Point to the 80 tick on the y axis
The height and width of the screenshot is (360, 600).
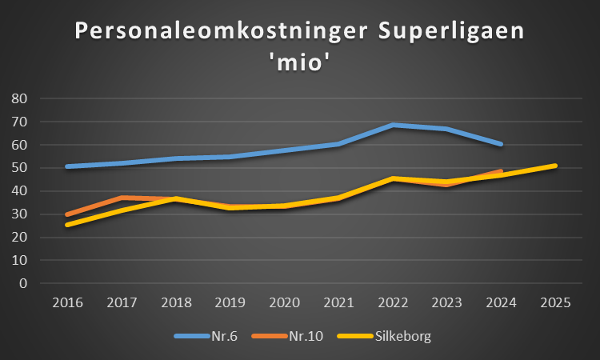tap(20, 98)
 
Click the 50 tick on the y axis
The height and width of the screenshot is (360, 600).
tap(20, 168)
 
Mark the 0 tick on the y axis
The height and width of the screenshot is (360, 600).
tap(24, 283)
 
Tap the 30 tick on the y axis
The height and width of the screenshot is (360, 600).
tap(20, 214)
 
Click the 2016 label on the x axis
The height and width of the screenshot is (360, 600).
tap(68, 303)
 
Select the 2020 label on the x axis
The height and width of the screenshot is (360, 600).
tap(285, 303)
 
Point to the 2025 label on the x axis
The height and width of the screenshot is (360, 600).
tap(555, 303)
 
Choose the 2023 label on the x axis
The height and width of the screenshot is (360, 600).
tap(447, 303)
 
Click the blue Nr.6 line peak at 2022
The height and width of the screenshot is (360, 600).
tap(393, 125)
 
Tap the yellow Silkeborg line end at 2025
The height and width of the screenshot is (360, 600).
tap(555, 166)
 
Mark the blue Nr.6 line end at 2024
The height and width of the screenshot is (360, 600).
tap(501, 144)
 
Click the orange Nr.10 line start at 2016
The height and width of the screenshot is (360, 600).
tap(68, 214)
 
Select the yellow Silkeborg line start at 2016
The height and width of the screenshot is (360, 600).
tap(68, 225)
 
